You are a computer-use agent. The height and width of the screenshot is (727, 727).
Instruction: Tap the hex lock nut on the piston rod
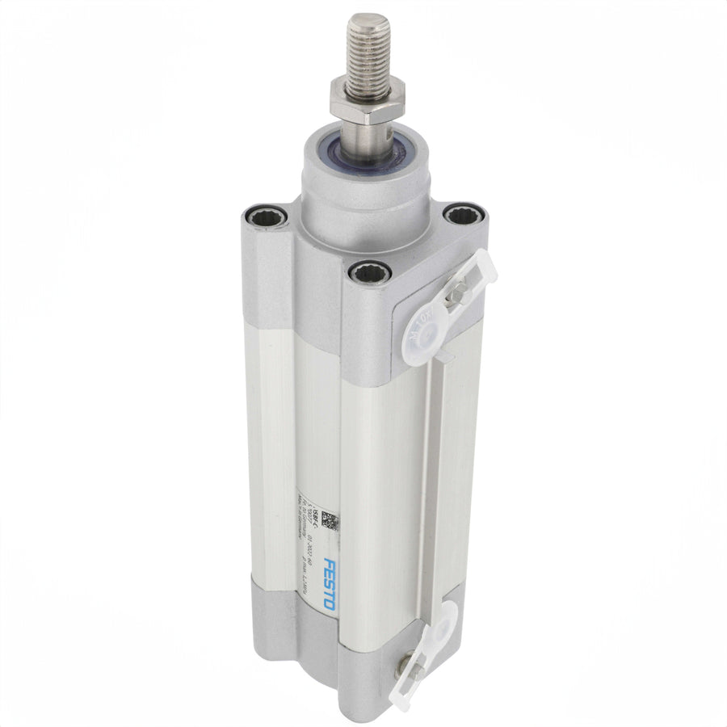[x=361, y=100]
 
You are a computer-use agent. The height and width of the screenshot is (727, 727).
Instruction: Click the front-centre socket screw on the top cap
[x=369, y=273]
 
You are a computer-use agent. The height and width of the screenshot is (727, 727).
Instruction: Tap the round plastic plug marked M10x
[x=426, y=333]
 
